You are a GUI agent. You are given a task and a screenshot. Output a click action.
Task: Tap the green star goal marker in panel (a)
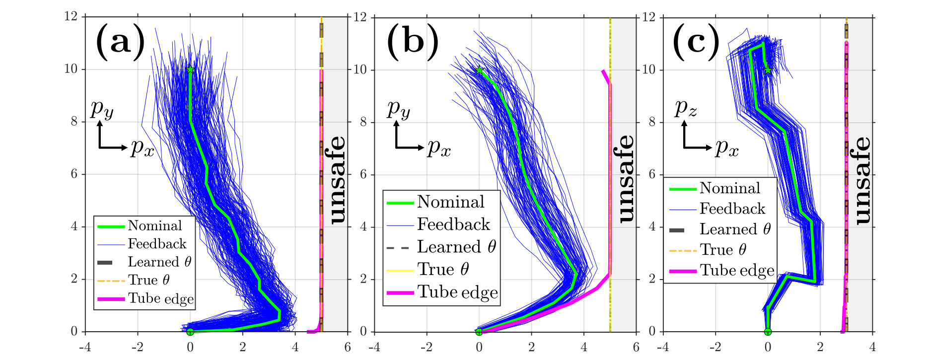tap(190, 70)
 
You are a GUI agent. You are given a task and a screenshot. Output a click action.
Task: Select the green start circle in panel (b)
tap(479, 332)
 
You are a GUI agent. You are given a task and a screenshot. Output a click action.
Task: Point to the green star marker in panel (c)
tap(768, 70)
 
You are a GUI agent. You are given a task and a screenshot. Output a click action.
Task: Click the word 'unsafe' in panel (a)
tap(337, 180)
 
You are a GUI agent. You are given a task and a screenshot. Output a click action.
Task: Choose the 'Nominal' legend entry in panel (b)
tap(450, 202)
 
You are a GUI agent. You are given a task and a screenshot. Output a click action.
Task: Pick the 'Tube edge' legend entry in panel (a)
tap(160, 298)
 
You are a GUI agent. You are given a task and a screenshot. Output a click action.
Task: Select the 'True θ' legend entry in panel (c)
tap(723, 250)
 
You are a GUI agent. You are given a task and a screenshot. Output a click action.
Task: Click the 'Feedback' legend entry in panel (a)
tap(157, 244)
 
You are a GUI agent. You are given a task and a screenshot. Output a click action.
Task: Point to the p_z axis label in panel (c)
tap(685, 108)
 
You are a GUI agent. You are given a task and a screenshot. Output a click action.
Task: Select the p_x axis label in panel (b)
tap(439, 147)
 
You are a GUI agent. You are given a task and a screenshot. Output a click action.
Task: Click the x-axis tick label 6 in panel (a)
tap(348, 347)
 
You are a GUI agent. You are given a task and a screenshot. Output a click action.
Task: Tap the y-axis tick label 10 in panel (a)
tap(71, 69)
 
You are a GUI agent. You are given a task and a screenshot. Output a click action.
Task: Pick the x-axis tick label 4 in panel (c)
tap(872, 347)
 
